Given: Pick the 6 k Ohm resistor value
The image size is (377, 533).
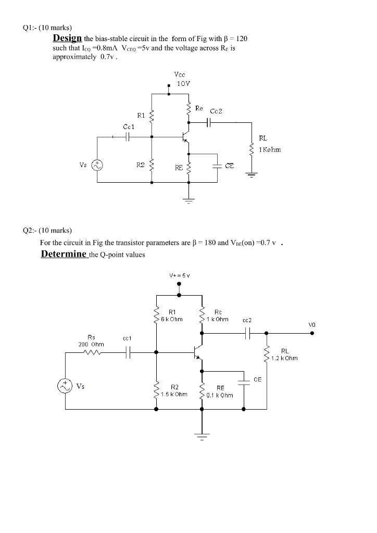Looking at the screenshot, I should click(171, 319).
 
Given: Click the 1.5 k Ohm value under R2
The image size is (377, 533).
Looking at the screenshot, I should click(174, 394).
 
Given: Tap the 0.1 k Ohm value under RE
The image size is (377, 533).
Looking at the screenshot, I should click(220, 395).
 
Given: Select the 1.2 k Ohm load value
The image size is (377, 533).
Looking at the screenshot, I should click(284, 358).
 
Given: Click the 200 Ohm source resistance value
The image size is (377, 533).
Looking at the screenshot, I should click(91, 344).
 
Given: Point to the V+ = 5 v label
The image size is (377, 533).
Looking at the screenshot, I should click(179, 275).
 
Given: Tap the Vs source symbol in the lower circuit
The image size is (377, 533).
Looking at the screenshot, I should click(66, 386).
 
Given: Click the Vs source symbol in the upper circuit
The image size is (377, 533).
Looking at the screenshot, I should click(97, 166).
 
